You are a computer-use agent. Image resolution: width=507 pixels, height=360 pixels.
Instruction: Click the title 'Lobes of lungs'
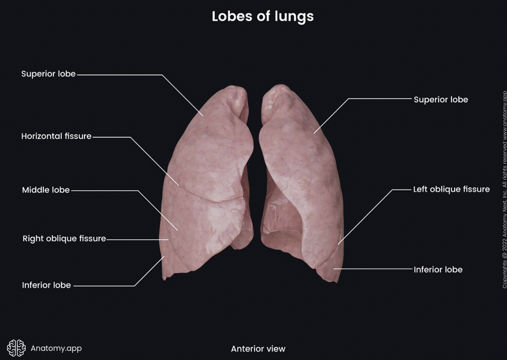tap(263, 16)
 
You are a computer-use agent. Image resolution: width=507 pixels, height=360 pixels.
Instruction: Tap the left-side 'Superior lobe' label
tap(48, 74)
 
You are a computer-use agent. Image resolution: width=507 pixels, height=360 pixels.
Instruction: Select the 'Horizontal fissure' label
tap(56, 136)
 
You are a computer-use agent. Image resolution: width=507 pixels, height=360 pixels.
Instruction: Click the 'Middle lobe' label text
tap(46, 190)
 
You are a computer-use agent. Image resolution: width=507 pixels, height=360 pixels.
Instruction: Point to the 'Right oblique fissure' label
tap(64, 239)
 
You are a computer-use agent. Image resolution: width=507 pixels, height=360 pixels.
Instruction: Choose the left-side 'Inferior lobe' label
tap(46, 285)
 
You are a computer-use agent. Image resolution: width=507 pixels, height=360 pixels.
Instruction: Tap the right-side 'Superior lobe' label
tap(441, 99)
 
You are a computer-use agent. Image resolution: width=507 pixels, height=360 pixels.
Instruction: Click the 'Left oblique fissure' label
tap(451, 189)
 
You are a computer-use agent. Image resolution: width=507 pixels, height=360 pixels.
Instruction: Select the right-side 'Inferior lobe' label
tap(438, 269)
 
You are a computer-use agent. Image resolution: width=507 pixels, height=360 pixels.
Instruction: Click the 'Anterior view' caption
tap(258, 349)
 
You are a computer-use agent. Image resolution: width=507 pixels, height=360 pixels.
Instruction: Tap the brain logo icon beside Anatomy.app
tap(16, 347)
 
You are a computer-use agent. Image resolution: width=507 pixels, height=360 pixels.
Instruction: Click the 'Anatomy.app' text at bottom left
tap(56, 348)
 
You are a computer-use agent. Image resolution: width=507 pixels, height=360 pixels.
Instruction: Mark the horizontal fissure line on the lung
tap(211, 196)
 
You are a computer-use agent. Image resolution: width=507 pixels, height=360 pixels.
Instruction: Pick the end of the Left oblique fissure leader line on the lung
tap(337, 244)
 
